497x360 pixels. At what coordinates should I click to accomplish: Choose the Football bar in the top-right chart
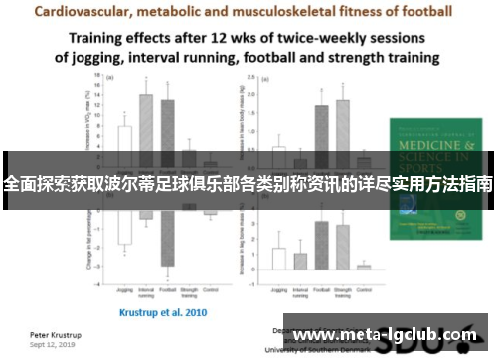321,134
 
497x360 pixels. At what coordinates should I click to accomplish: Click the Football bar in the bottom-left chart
168,234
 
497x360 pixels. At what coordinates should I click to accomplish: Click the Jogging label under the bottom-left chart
124,290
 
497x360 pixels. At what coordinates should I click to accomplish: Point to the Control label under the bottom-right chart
365,290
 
